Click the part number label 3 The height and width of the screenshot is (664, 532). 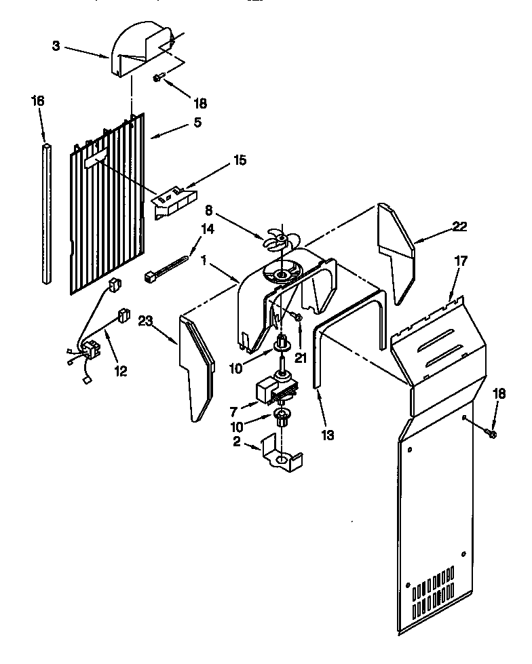click(56, 45)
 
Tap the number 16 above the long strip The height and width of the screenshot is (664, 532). click(37, 100)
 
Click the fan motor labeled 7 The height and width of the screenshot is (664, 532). click(275, 387)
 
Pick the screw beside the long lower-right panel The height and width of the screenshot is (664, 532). click(492, 432)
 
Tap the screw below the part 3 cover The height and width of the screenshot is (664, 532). click(157, 79)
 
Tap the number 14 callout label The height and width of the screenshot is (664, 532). click(207, 229)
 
